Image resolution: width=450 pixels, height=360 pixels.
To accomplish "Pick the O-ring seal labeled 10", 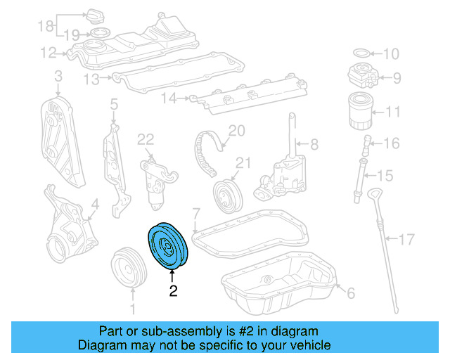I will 359,53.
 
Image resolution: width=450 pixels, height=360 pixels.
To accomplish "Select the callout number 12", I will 47,51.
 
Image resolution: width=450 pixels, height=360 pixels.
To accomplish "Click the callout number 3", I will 58,75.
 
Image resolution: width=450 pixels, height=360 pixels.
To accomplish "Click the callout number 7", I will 196,212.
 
